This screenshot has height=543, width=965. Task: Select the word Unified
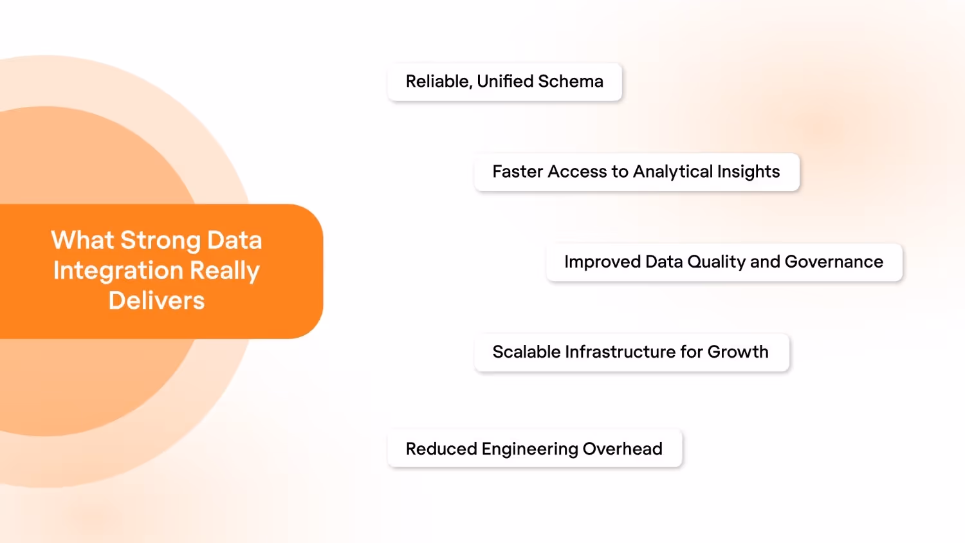click(x=505, y=82)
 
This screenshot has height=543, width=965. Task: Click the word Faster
click(x=518, y=172)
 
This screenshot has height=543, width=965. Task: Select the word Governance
click(x=834, y=262)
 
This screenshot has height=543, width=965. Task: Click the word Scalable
click(x=526, y=352)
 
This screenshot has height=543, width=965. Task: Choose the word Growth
click(x=738, y=352)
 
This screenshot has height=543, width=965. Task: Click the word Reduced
click(x=441, y=448)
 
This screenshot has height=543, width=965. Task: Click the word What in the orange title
click(x=82, y=240)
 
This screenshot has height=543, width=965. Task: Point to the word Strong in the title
click(x=161, y=241)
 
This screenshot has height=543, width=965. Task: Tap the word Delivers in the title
click(x=156, y=300)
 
